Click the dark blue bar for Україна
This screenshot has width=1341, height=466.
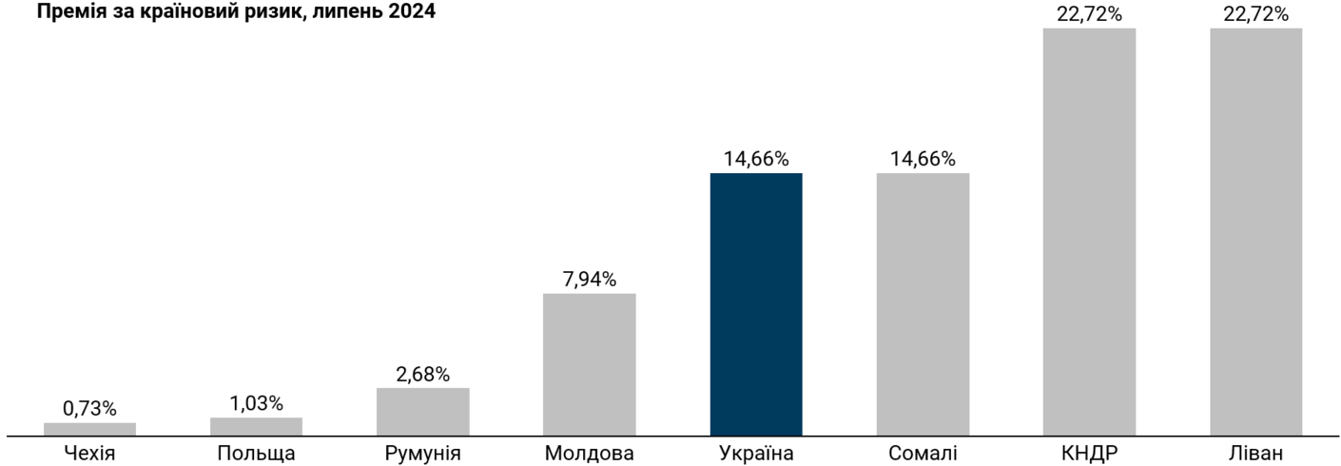pyautogui.click(x=755, y=304)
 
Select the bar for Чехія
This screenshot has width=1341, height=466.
pyautogui.click(x=89, y=429)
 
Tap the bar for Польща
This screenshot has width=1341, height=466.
pyautogui.click(x=256, y=426)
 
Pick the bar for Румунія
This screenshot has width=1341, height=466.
pyautogui.click(x=422, y=412)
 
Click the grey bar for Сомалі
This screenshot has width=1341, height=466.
pyautogui.click(x=923, y=304)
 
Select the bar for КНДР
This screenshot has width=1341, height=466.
pyautogui.click(x=1089, y=232)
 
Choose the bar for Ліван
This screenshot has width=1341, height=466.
pyautogui.click(x=1255, y=232)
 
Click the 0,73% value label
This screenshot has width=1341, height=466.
pyautogui.click(x=89, y=409)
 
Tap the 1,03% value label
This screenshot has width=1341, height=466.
pyautogui.click(x=256, y=403)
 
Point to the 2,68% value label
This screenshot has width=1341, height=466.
pyautogui.click(x=422, y=374)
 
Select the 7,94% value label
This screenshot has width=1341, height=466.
pyautogui.click(x=589, y=280)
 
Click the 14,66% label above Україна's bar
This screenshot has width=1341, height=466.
pyautogui.click(x=755, y=159)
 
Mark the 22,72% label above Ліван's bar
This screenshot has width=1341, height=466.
pyautogui.click(x=1255, y=13)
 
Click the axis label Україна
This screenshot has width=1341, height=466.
pyautogui.click(x=755, y=454)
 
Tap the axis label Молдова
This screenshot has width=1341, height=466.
pyautogui.click(x=589, y=454)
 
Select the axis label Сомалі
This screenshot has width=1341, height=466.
pyautogui.click(x=923, y=454)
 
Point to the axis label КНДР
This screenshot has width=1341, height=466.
pyautogui.click(x=1089, y=454)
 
